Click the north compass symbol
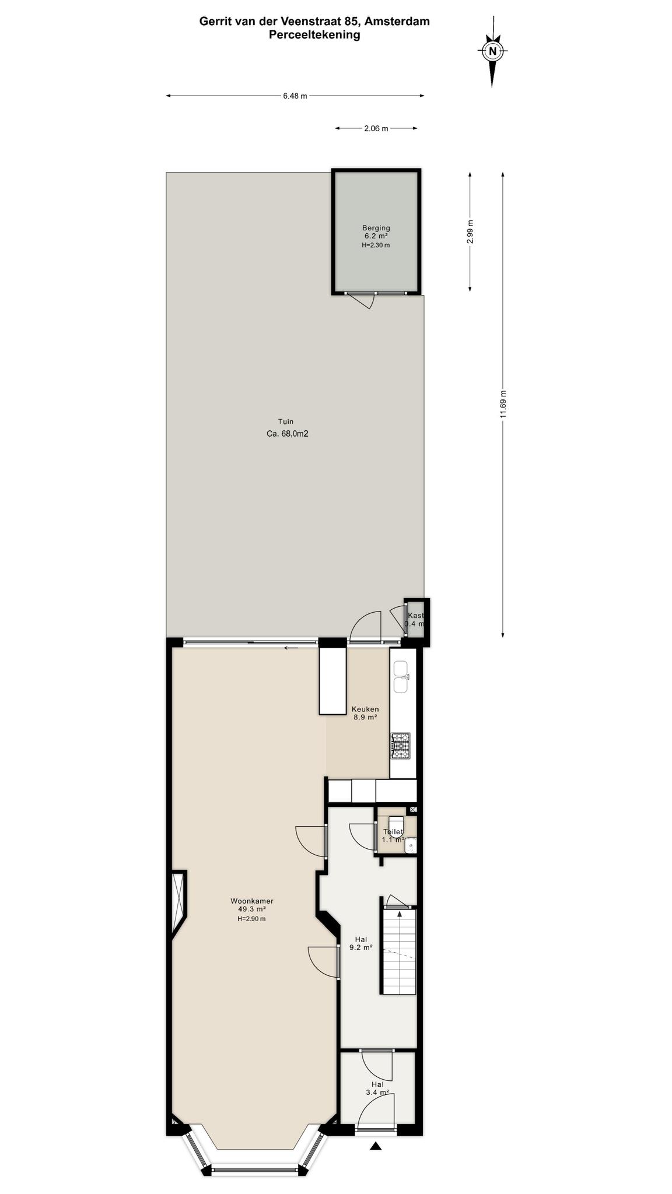tap(492, 51)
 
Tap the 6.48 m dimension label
tap(295, 96)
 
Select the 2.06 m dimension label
tap(376, 129)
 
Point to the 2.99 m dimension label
tap(470, 231)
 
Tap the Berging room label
tap(376, 236)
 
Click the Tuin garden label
tap(286, 427)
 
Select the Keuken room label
tap(365, 713)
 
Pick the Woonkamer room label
tap(252, 909)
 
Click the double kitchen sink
tap(401, 677)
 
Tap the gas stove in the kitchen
tap(401, 746)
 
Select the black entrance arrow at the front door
tap(376, 1146)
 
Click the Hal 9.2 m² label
tap(361, 943)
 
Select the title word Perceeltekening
tap(314, 35)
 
